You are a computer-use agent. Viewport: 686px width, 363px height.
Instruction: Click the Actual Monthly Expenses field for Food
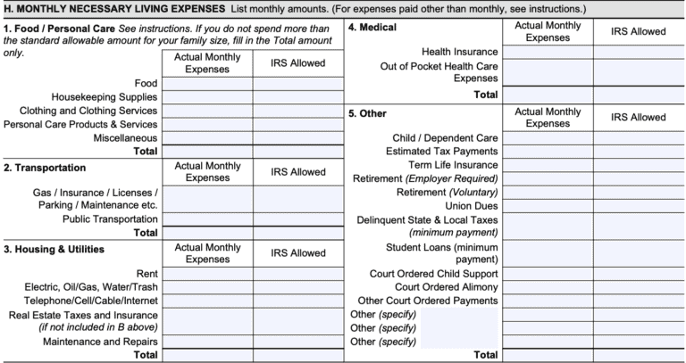(206, 84)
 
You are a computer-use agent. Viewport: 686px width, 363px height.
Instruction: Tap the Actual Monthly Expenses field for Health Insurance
(548, 53)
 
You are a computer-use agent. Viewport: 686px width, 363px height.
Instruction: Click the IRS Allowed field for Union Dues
(639, 205)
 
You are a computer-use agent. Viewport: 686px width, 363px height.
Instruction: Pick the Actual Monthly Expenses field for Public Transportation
(206, 219)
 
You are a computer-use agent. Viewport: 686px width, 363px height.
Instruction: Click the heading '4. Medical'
(372, 28)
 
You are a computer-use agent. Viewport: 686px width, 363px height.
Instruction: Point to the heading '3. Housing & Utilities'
(54, 249)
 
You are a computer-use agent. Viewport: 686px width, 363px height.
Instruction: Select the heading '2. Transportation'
(45, 167)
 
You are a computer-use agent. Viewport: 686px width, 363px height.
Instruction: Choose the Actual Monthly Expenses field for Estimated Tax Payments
(548, 152)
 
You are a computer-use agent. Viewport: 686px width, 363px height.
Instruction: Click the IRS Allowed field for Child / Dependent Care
(639, 138)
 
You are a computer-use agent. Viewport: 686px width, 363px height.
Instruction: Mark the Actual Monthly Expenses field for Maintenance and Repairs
(206, 342)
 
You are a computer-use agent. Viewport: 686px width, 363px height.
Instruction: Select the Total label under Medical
(486, 94)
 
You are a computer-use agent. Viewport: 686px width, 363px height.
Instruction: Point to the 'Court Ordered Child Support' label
(433, 273)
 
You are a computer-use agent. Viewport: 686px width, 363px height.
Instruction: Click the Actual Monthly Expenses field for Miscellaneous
(206, 138)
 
